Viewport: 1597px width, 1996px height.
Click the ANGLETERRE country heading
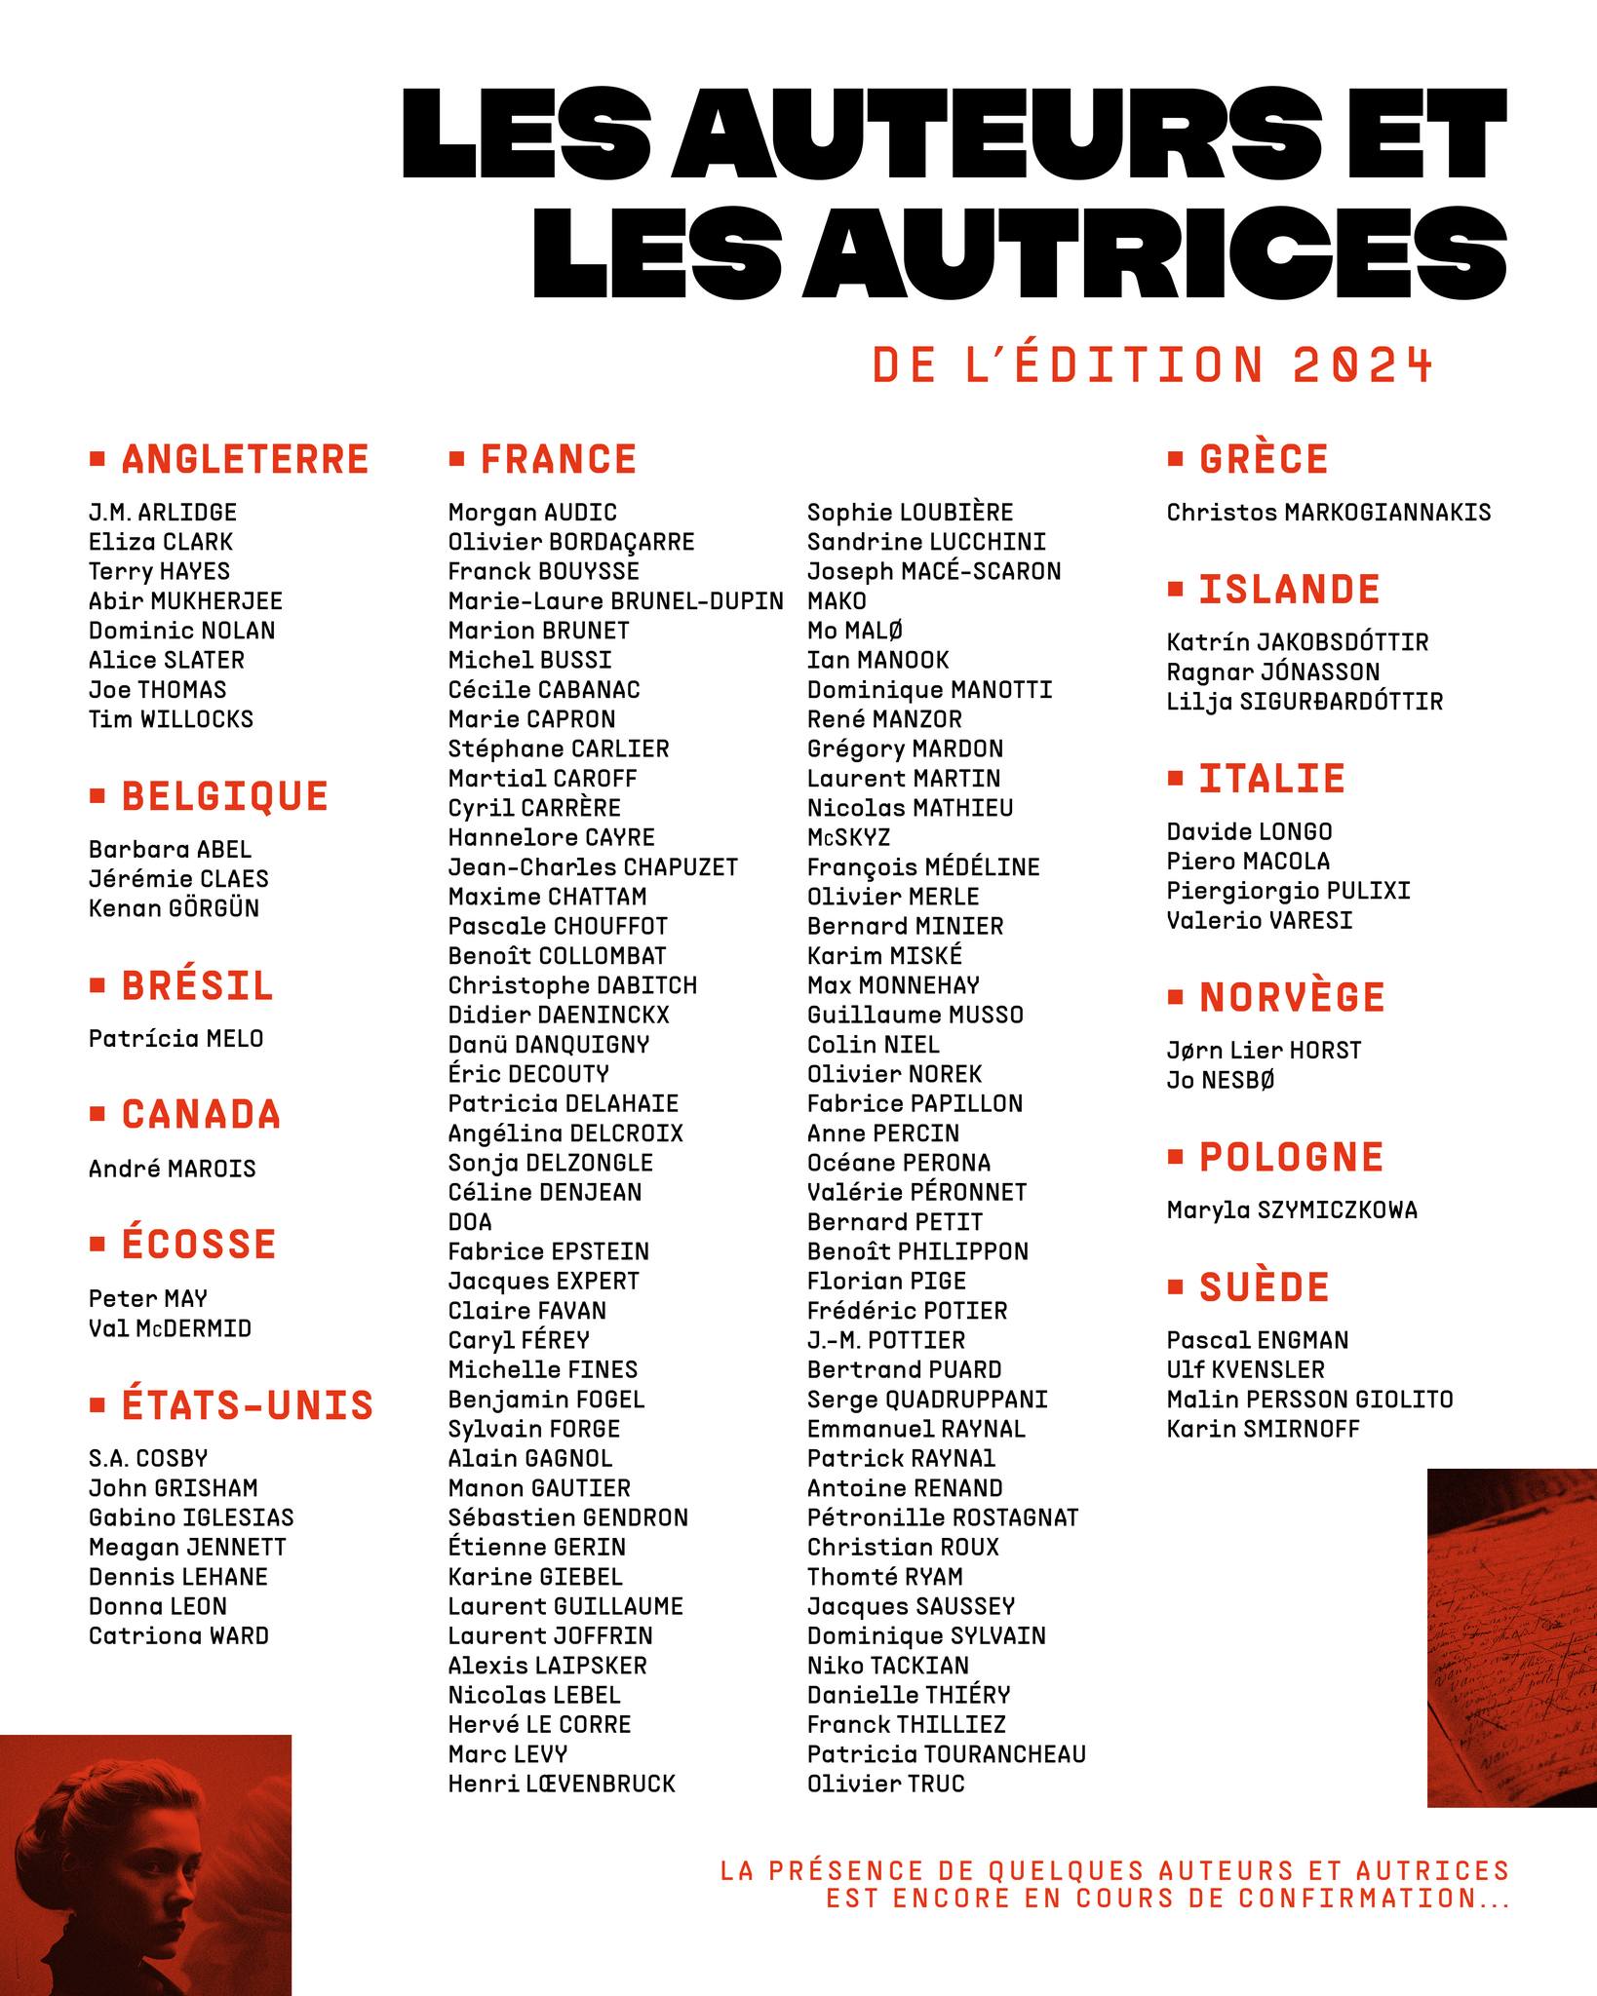coord(244,460)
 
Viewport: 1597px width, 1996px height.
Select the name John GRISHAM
coord(174,1488)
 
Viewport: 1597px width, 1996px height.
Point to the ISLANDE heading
coord(1289,591)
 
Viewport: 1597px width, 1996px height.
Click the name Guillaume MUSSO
coord(915,1015)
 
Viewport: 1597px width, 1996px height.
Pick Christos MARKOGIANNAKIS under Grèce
coord(1329,513)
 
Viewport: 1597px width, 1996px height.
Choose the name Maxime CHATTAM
coord(547,897)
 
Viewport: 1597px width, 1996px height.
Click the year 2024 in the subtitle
coord(1363,365)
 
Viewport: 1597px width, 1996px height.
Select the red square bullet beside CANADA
coord(97,1113)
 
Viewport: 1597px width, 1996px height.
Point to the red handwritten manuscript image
coord(1511,1637)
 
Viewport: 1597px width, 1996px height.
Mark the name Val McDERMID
coord(170,1328)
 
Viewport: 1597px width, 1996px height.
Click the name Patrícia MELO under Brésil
coord(176,1039)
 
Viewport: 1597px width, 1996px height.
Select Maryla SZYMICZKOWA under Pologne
coord(1292,1210)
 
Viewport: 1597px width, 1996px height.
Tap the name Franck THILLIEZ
coord(907,1724)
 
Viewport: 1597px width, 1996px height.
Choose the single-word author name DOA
coord(470,1222)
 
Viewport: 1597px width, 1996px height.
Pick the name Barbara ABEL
coord(170,849)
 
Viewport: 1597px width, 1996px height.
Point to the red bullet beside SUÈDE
coord(1175,1286)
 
